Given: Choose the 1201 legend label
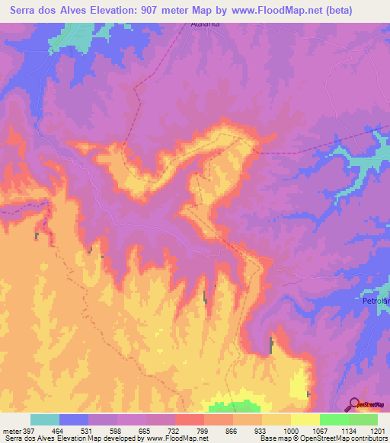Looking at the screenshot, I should click(378, 430).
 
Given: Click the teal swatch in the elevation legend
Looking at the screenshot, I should click(45, 419).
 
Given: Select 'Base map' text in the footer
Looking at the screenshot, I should click(271, 439).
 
